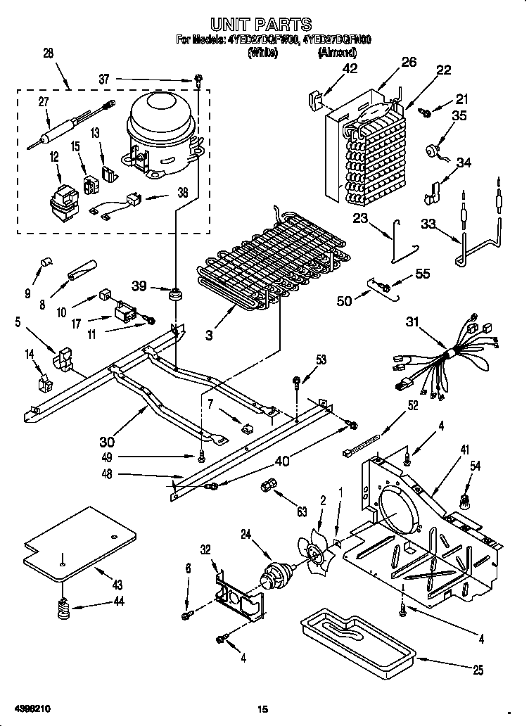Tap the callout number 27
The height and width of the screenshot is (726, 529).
click(44, 102)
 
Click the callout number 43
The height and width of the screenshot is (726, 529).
click(117, 585)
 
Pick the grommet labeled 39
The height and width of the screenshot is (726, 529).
click(174, 291)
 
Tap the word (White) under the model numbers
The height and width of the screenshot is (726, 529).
click(262, 52)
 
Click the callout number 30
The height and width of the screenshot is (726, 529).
click(107, 442)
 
